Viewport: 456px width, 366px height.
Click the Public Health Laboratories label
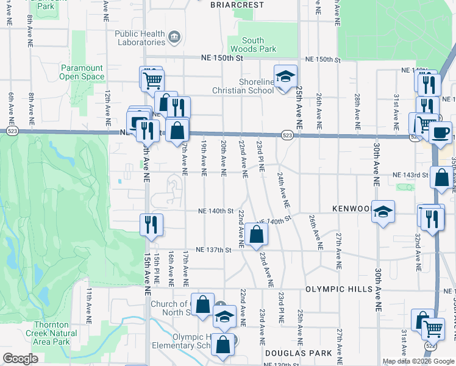(x=140, y=38)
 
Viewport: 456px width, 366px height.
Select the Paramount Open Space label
(x=82, y=73)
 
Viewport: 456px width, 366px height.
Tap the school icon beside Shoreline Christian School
(x=285, y=77)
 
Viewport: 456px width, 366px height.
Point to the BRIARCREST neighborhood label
(x=237, y=5)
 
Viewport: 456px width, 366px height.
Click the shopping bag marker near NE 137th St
(x=257, y=234)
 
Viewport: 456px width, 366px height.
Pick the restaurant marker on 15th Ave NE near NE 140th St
(x=151, y=224)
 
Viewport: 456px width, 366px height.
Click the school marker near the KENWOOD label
(x=383, y=212)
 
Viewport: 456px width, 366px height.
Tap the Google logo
(x=21, y=358)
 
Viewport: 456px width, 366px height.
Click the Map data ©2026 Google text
(x=418, y=361)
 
